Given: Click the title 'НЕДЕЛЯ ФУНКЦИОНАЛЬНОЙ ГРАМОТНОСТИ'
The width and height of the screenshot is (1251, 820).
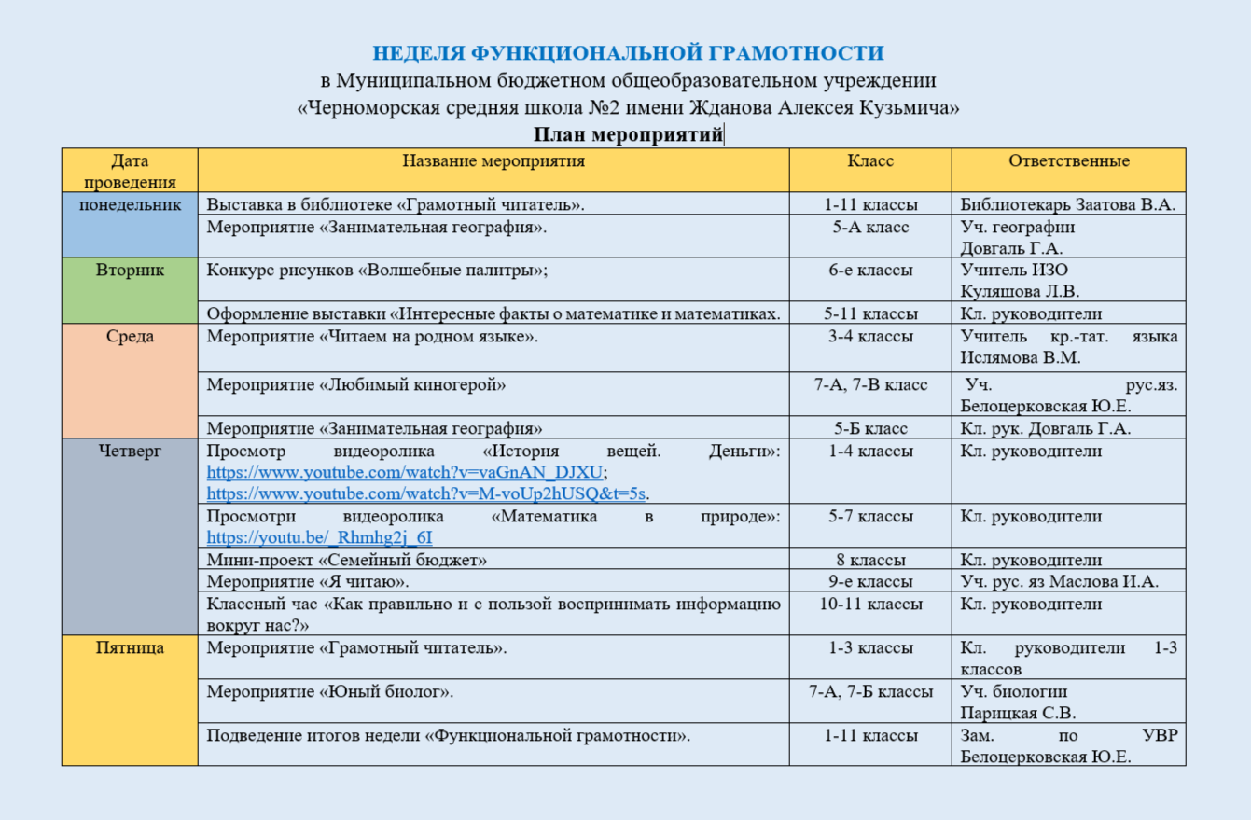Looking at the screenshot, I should pyautogui.click(x=628, y=52).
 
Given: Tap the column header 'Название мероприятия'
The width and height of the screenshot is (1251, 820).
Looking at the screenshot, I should pyautogui.click(x=493, y=160).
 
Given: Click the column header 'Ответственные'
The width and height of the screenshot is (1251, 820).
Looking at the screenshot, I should pyautogui.click(x=1068, y=160).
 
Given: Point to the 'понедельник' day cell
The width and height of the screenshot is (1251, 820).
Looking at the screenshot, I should pyautogui.click(x=130, y=205).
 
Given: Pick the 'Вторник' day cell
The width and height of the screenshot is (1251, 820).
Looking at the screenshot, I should pyautogui.click(x=130, y=271).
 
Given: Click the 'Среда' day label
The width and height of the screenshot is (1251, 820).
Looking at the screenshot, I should pyautogui.click(x=130, y=337).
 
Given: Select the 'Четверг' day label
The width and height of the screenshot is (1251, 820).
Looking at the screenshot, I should pyautogui.click(x=130, y=452).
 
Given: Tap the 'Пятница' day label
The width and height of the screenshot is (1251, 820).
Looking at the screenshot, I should pyautogui.click(x=130, y=647).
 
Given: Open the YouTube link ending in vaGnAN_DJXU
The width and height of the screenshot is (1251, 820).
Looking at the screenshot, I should pyautogui.click(x=406, y=472).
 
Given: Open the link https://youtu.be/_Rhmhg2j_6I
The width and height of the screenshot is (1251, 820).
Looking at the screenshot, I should pyautogui.click(x=319, y=537).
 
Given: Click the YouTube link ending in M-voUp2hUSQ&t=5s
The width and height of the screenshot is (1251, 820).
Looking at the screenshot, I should pyautogui.click(x=427, y=493).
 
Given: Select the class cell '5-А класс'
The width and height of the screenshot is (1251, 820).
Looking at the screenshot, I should pyautogui.click(x=870, y=227).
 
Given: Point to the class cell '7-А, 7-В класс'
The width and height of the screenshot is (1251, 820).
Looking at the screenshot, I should pyautogui.click(x=870, y=384).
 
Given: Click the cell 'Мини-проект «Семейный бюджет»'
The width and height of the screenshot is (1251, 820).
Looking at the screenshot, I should pyautogui.click(x=346, y=560).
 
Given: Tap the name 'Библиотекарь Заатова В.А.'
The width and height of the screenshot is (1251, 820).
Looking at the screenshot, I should pyautogui.click(x=1067, y=205).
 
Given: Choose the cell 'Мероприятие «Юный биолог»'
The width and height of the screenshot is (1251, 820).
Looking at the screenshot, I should pyautogui.click(x=329, y=692).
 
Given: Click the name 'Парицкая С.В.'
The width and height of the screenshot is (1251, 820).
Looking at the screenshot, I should pyautogui.click(x=1018, y=714).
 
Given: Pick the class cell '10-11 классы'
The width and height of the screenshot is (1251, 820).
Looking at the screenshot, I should pyautogui.click(x=870, y=605).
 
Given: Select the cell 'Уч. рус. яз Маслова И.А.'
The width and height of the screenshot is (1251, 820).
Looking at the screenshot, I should pyautogui.click(x=1059, y=582).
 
